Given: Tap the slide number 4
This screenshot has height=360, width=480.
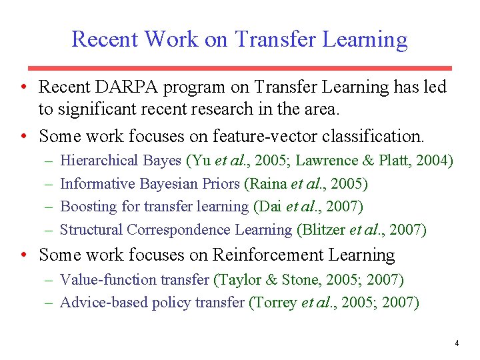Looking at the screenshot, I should coord(457,343).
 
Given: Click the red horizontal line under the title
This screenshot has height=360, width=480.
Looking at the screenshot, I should coord(240,68).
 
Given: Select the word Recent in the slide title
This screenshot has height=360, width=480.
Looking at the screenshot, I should coord(104,39).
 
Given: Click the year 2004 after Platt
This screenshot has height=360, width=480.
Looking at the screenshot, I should coord(433,161).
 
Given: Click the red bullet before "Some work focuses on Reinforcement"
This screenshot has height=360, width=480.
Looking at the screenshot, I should coord(23,255).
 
